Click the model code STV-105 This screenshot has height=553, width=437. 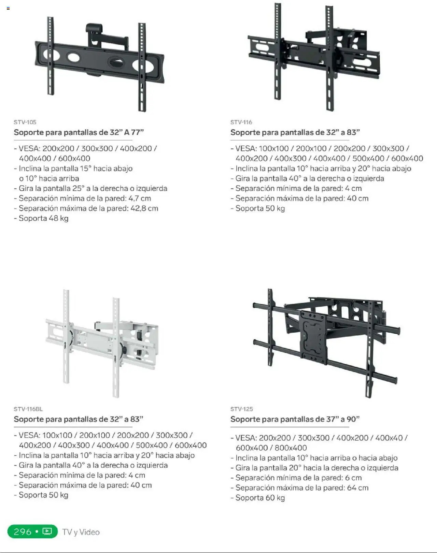pos(25,122)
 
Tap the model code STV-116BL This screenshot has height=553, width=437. pos(28,409)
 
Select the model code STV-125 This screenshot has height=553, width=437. pos(242,409)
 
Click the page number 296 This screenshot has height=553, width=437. pos(23,532)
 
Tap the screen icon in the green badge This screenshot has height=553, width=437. pos(47,532)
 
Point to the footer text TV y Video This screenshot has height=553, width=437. pos(81,532)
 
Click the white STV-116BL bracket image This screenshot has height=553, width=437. pos(102,343)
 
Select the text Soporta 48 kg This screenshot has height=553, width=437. pos(44,218)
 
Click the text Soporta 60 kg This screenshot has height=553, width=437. pos(260,498)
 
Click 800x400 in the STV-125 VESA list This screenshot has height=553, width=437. pos(291,448)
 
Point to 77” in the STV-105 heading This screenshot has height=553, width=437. pos(137,132)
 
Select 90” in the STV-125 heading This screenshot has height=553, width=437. pos(353,419)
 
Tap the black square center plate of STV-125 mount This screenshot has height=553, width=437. pos(314,337)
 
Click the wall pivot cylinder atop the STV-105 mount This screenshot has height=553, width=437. pos(94,28)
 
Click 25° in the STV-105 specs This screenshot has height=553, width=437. pos(79,188)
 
